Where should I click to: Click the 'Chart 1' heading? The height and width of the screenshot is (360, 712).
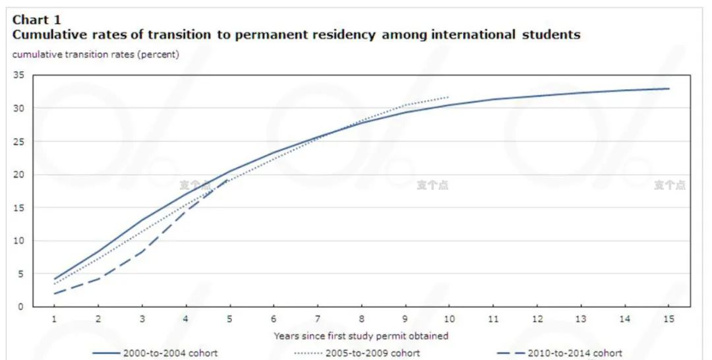click(x=36, y=20)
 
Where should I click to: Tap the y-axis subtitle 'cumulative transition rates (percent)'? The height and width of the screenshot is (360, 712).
click(x=96, y=55)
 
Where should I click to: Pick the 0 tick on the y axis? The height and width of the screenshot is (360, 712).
click(x=20, y=307)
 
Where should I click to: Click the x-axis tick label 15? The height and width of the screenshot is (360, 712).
click(x=668, y=319)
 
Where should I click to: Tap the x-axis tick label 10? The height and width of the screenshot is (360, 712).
click(x=448, y=319)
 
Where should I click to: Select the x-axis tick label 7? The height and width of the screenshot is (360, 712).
click(x=317, y=319)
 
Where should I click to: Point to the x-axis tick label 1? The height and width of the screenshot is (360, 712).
click(x=55, y=319)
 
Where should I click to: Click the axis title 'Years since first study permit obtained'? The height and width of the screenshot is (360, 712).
click(x=361, y=336)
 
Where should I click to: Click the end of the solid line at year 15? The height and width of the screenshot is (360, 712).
click(x=668, y=88)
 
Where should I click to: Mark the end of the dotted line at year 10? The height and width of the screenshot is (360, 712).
click(x=448, y=97)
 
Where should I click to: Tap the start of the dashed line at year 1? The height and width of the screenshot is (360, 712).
click(x=55, y=293)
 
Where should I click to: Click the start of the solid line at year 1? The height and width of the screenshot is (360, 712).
click(x=55, y=279)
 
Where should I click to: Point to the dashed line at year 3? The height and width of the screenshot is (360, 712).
click(x=142, y=252)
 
